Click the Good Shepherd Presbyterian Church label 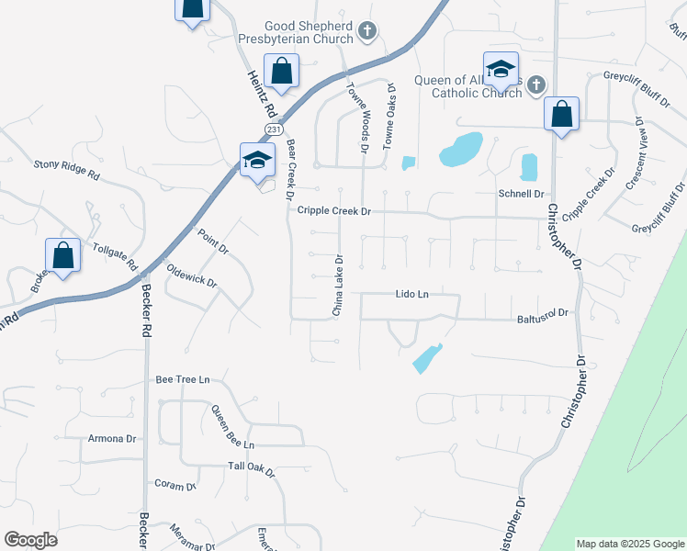(x=309, y=32)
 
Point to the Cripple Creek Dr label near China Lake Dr (x=333, y=211)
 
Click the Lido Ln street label (x=412, y=295)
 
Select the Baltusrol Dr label (x=544, y=313)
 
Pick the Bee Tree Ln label (x=183, y=379)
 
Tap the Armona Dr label (x=112, y=439)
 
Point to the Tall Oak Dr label (x=252, y=467)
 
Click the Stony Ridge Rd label (x=66, y=166)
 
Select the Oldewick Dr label (x=191, y=275)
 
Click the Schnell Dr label (x=521, y=195)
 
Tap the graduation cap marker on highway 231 (x=257, y=161)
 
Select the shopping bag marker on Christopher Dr (x=561, y=115)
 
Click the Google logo (x=30, y=540)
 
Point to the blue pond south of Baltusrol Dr (x=426, y=358)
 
